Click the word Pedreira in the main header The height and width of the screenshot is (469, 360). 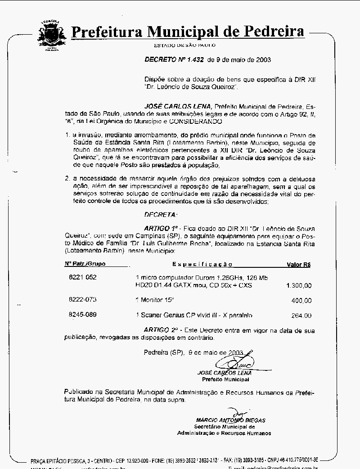274,32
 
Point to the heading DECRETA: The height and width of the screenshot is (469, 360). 161,215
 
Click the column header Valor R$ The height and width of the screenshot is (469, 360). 299,265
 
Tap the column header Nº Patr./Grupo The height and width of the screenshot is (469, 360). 85,264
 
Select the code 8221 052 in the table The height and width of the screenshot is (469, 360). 82,278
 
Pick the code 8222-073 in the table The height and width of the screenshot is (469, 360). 82,300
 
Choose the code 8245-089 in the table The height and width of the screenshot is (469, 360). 82,315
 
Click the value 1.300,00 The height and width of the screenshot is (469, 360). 298,286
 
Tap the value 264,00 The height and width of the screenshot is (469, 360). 301,316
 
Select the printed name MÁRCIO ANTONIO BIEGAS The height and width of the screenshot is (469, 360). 230,420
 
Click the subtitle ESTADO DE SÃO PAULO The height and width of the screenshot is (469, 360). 184,45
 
